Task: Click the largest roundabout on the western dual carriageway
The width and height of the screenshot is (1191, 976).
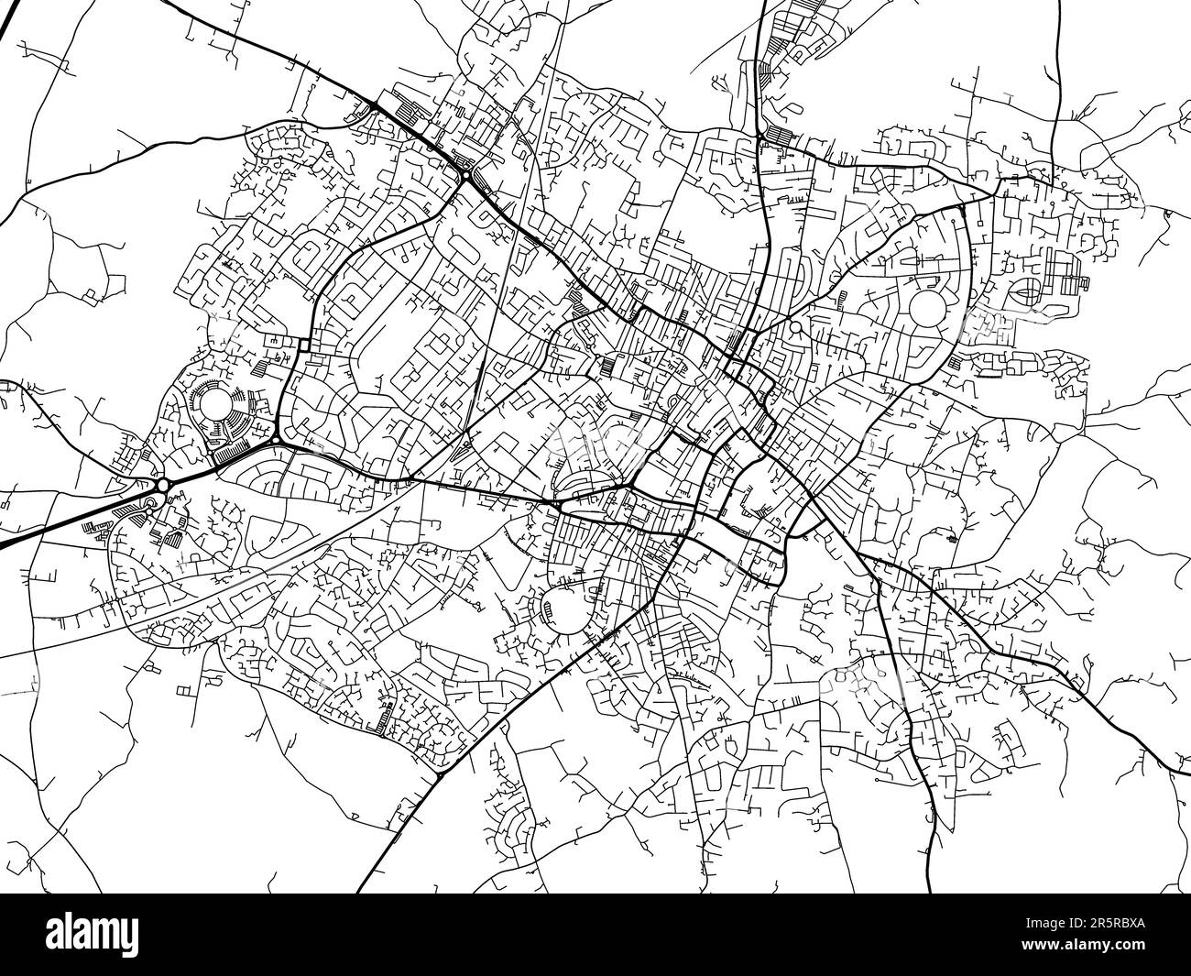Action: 163,484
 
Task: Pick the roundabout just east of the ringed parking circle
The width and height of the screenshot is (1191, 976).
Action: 276,439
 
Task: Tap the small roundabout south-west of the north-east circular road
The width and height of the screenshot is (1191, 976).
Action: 796,326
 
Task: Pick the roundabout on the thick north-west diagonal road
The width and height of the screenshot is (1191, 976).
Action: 465,174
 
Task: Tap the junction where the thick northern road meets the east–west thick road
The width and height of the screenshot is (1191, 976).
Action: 761,137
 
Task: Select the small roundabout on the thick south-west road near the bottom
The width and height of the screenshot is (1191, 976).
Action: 439,775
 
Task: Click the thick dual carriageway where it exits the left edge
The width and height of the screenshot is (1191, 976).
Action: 4,546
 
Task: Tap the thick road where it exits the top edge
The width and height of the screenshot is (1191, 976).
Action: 765,4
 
